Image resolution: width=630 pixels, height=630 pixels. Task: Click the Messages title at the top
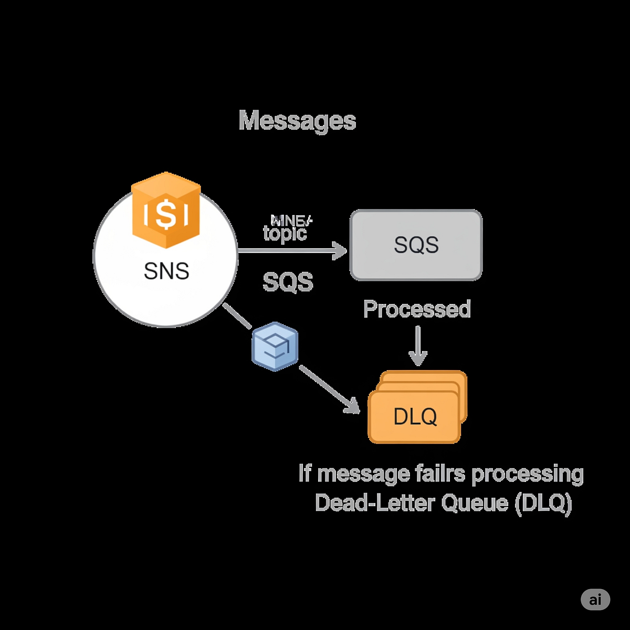click(x=297, y=121)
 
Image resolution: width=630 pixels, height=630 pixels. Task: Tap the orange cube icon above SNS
click(x=166, y=210)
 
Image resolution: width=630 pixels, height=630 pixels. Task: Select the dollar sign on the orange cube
click(x=166, y=214)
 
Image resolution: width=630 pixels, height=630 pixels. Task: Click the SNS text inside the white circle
click(x=166, y=271)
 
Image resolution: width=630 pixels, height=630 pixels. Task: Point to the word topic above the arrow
click(x=285, y=233)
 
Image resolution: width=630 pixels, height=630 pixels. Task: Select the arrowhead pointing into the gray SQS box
click(x=340, y=251)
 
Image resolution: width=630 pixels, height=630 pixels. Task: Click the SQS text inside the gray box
click(x=416, y=245)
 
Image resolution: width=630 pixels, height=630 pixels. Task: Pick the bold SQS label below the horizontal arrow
click(x=288, y=282)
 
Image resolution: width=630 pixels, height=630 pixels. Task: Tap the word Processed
click(x=417, y=309)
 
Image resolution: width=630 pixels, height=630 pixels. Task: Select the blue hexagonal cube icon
click(x=275, y=346)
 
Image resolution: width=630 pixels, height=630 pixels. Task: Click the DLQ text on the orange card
click(x=415, y=417)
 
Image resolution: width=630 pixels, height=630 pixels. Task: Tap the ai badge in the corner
click(x=595, y=600)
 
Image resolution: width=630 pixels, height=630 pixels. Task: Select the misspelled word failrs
click(x=440, y=474)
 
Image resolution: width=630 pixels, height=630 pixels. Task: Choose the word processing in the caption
click(x=527, y=475)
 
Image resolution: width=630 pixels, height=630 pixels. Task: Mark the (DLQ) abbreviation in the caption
click(x=543, y=503)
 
